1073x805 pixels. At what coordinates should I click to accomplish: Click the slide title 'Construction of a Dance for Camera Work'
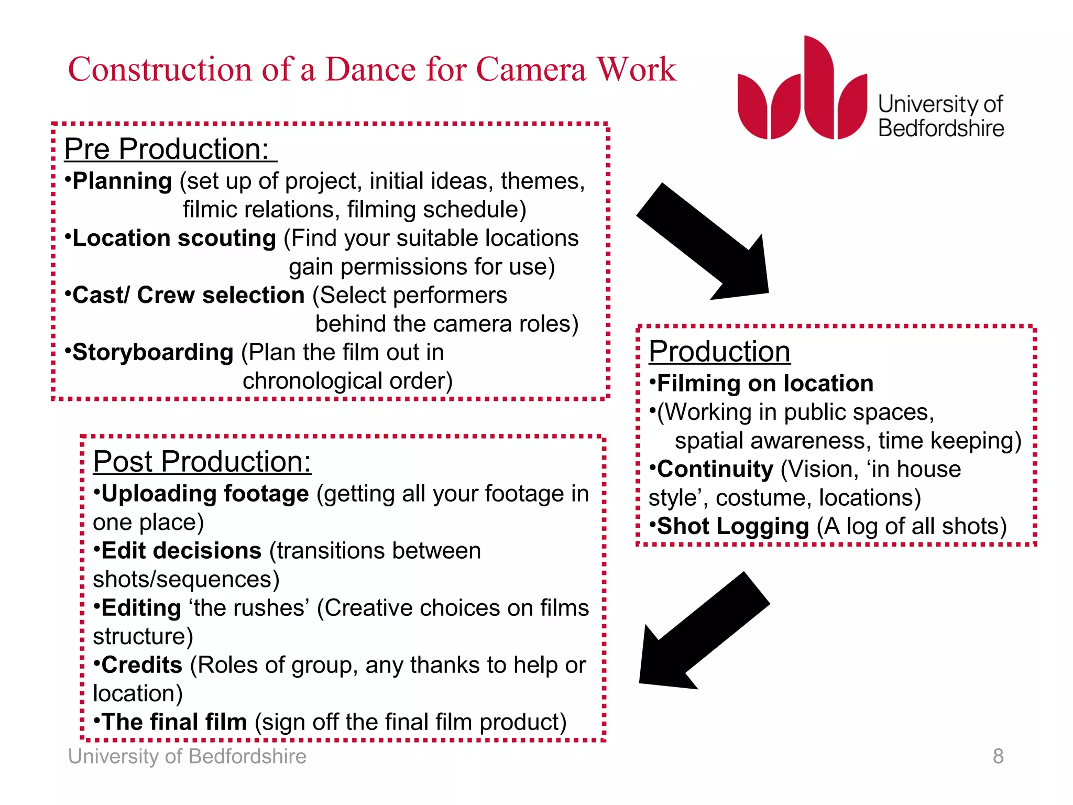[372, 69]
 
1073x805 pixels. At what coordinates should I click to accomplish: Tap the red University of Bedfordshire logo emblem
[802, 92]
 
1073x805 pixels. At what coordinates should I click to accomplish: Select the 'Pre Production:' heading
[167, 149]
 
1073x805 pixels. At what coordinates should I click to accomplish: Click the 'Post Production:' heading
[202, 462]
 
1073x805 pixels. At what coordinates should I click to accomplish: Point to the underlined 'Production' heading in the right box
[719, 351]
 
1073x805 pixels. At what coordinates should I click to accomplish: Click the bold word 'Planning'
[122, 181]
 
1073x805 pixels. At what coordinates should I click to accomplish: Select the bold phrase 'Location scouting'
[174, 238]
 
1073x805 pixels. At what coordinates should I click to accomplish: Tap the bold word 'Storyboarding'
[153, 353]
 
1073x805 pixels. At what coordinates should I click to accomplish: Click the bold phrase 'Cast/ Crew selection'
[188, 296]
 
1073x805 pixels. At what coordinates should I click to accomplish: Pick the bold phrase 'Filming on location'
[765, 384]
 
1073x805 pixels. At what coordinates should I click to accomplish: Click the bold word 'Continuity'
[715, 470]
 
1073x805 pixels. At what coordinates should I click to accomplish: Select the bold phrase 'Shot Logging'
[733, 527]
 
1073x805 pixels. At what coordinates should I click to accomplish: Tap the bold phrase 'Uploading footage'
[205, 494]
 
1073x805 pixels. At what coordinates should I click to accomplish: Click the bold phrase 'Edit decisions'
[181, 551]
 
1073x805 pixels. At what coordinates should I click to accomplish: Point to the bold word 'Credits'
[141, 666]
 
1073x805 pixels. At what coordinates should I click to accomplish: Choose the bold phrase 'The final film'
[174, 723]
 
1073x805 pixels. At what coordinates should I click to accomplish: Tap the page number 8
[998, 756]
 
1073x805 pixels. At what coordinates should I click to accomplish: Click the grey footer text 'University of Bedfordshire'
[187, 757]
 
